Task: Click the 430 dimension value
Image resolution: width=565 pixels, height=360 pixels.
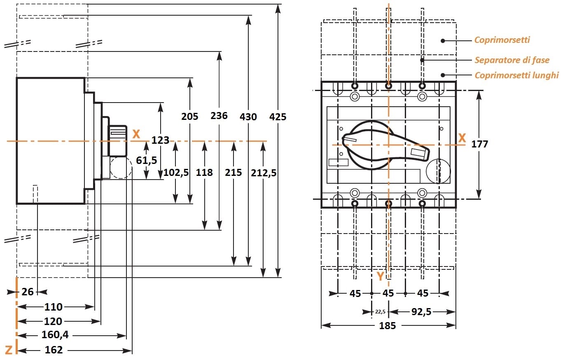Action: click(248, 117)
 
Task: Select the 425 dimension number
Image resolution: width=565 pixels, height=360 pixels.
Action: click(278, 117)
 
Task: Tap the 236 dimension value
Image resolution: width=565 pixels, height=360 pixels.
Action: click(219, 116)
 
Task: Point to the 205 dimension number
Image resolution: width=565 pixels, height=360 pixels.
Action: click(189, 116)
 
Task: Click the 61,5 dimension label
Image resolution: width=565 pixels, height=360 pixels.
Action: click(147, 160)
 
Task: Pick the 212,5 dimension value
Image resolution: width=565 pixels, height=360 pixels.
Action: click(264, 173)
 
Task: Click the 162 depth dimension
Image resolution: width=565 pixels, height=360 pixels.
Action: click(54, 350)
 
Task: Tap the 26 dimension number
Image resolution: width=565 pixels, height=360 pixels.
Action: click(28, 292)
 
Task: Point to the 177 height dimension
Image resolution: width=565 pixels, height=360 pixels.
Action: click(479, 144)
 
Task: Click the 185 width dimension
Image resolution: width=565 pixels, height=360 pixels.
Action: click(387, 326)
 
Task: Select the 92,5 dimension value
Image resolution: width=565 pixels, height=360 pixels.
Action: click(421, 312)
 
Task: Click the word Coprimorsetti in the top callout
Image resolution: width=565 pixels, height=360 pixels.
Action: click(502, 40)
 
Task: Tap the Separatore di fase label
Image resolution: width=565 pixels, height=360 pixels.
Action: click(512, 60)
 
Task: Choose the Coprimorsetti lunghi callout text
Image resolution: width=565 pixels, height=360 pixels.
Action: click(516, 75)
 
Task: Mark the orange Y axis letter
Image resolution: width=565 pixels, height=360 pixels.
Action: click(380, 276)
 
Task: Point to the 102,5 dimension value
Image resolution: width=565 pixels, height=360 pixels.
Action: click(176, 173)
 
